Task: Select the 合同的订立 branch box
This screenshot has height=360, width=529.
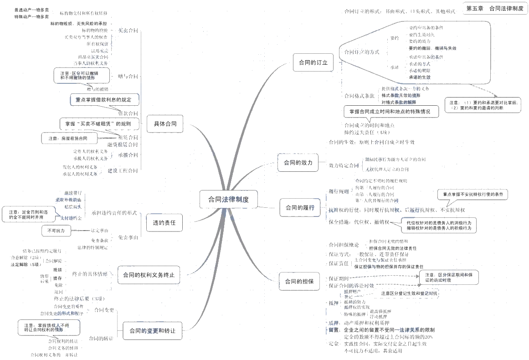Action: point(313,62)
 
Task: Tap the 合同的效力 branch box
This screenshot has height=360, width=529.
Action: point(298,162)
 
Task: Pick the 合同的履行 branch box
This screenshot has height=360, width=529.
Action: point(300,208)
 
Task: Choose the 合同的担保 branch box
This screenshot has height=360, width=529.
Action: point(299,281)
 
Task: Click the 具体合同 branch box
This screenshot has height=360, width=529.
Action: point(165,123)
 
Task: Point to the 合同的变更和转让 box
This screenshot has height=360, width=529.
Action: point(152,330)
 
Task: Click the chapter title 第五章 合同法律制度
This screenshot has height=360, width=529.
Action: point(494,8)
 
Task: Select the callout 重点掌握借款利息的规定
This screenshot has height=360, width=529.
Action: point(104,99)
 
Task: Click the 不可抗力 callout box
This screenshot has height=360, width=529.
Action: point(56,231)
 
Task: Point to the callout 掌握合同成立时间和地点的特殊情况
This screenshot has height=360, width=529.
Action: point(391,111)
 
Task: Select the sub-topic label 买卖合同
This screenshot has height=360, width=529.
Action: point(128,31)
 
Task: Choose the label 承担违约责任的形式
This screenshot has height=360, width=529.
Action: point(114,213)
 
